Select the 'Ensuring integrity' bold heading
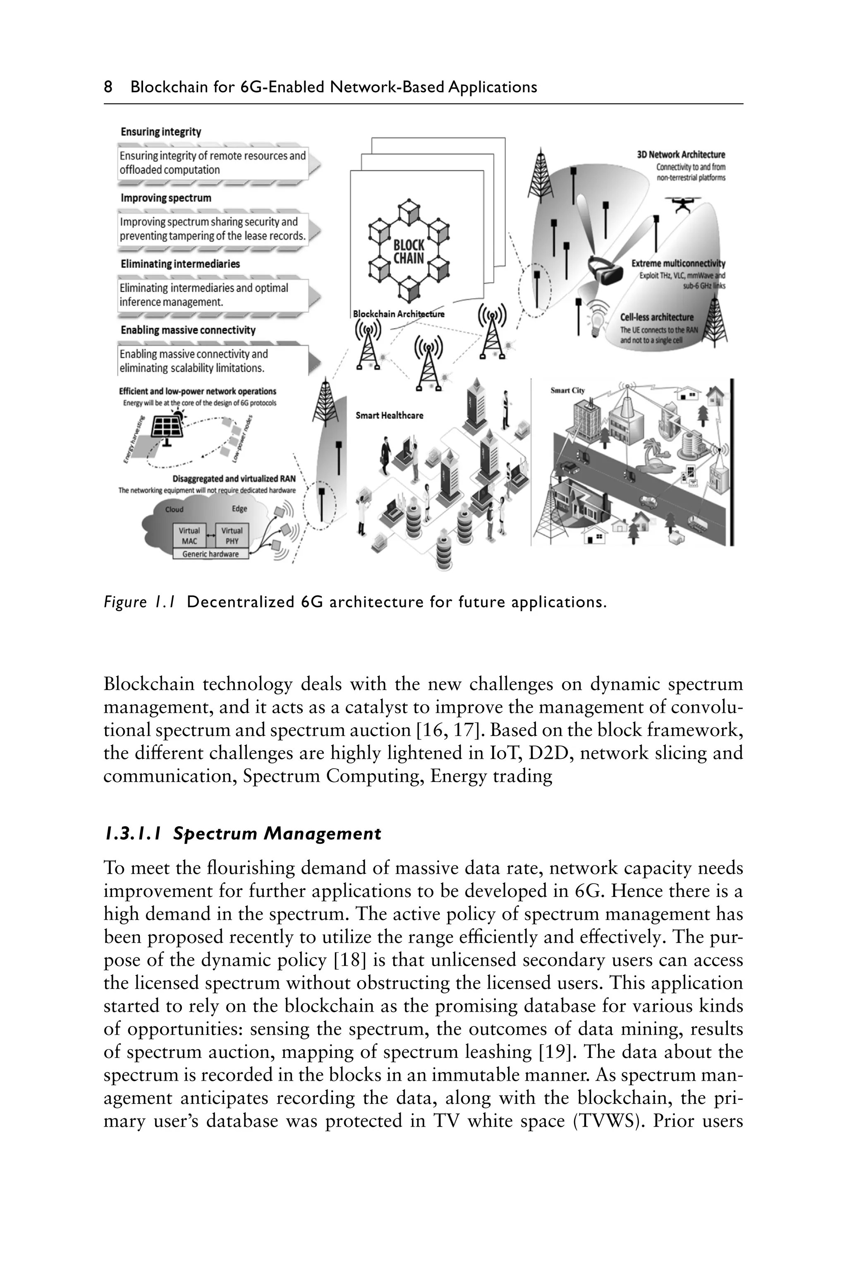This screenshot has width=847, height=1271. (160, 132)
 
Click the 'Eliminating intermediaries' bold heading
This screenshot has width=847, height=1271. (180, 264)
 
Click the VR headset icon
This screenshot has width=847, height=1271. (607, 268)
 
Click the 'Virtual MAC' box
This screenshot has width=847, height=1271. (189, 535)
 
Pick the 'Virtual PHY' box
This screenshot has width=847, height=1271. (232, 535)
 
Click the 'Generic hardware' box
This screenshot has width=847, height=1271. (210, 554)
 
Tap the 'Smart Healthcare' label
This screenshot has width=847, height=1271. (389, 415)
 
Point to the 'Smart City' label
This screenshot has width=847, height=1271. (567, 391)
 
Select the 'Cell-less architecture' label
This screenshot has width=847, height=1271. (656, 317)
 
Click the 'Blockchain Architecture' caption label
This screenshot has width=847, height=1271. (398, 314)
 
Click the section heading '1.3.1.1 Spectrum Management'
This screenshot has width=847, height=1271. (242, 834)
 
